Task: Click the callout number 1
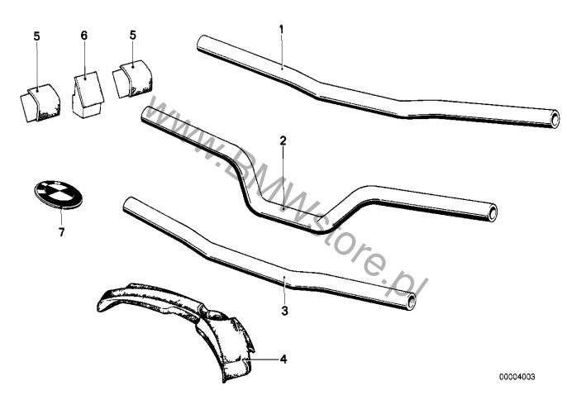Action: point(281,30)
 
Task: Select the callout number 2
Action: point(282,141)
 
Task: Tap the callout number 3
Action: point(283,311)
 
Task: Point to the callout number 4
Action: point(283,359)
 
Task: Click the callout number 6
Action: point(83,36)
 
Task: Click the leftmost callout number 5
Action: point(37,36)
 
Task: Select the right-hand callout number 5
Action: point(132,36)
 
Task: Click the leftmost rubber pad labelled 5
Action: point(38,101)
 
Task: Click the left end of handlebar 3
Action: point(128,203)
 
